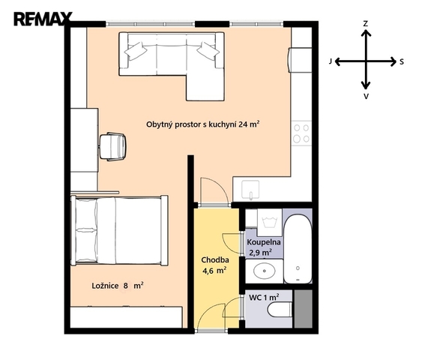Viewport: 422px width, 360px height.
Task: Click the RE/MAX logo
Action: point(43,19)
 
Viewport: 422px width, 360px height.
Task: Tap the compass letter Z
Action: point(365,24)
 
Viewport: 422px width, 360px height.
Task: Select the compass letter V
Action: point(366,96)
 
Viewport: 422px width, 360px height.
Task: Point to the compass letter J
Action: point(331,61)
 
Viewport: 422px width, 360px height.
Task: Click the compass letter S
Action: point(402,62)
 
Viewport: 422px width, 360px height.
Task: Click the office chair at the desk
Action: point(112,146)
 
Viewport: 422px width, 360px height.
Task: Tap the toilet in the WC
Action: point(280,310)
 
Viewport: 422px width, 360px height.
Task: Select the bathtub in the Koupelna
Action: point(298,248)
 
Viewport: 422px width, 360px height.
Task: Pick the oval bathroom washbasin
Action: point(265,271)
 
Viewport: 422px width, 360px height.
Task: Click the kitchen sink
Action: point(250,190)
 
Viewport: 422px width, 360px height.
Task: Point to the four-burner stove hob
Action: point(301,133)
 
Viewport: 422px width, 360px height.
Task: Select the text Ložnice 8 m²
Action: point(118,286)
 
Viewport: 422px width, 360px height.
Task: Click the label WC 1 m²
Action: point(264,297)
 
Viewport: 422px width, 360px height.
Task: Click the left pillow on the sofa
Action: point(136,50)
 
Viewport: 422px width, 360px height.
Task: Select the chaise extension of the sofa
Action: point(205,88)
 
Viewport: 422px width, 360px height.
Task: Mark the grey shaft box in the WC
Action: point(304,309)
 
